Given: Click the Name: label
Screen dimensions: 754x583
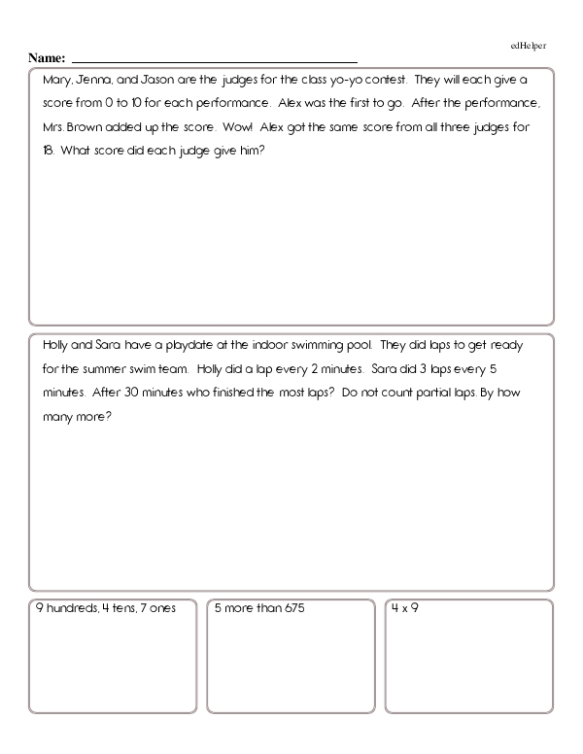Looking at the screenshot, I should pyautogui.click(x=48, y=58).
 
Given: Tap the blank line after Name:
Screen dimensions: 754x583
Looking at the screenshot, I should pyautogui.click(x=214, y=60).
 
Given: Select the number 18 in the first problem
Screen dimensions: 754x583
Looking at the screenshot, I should pyautogui.click(x=49, y=151).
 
